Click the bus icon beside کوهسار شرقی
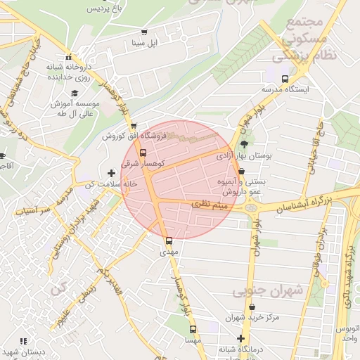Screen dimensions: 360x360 coord(143,152)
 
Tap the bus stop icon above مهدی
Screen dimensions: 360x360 coord(167,240)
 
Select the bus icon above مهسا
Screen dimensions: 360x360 coord(193,329)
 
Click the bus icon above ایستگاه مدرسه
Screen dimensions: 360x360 coord(285,79)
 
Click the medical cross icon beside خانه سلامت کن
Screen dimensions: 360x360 coord(111,172)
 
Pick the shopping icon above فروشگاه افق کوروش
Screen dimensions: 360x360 coord(134,126)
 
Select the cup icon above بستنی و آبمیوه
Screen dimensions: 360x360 coord(242,171)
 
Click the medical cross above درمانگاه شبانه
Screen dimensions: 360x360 coord(240,338)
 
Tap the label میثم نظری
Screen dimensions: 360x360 coord(217,205)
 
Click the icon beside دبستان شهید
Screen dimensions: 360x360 coord(23,341)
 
